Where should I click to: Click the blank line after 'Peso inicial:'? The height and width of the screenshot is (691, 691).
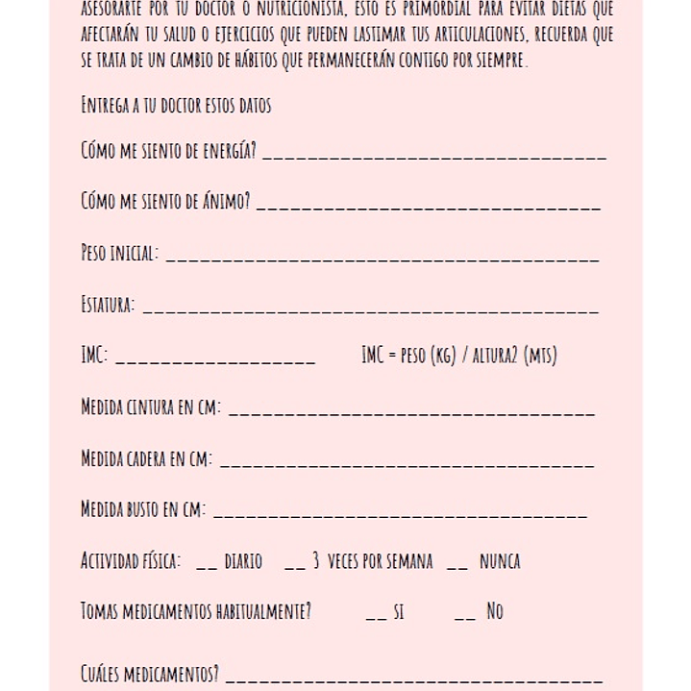[382, 258]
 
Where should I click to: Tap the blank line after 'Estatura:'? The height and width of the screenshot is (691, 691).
[370, 309]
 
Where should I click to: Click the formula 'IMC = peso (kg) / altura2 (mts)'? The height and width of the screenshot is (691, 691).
[458, 356]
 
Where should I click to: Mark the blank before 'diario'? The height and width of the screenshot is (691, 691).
[207, 565]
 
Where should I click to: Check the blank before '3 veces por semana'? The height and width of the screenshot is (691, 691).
[295, 565]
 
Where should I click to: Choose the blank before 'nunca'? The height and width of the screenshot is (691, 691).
[457, 565]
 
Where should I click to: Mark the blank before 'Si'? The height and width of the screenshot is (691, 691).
[377, 616]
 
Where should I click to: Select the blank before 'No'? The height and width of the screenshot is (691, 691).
[465, 616]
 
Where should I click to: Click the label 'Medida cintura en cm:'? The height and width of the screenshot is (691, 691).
[151, 407]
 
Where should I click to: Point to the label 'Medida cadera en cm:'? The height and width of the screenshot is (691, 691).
[147, 458]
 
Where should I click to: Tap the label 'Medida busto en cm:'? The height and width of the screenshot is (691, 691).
[143, 509]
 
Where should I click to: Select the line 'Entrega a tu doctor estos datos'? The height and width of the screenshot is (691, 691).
[176, 106]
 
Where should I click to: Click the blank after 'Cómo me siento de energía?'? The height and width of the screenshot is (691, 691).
[434, 155]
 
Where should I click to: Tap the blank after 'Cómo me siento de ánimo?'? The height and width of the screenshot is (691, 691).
[429, 206]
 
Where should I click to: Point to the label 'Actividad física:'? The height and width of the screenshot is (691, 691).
[131, 561]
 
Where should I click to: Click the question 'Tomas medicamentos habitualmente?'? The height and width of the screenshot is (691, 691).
[196, 611]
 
